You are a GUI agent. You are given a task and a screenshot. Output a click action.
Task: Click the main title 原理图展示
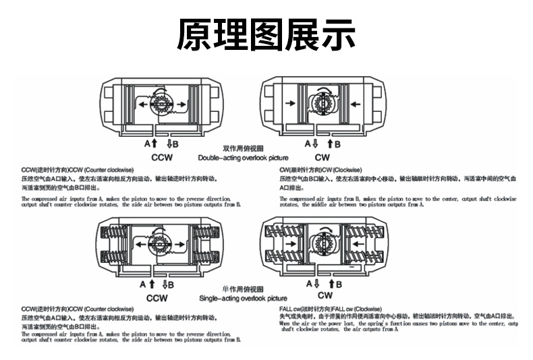click(266, 34)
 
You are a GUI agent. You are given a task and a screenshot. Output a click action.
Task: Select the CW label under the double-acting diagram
click(322, 157)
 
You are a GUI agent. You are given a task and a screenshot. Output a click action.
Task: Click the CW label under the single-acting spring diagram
click(325, 296)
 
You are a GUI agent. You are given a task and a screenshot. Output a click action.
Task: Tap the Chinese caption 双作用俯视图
click(242, 148)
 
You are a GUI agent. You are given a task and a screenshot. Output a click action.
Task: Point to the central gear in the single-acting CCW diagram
click(161, 243)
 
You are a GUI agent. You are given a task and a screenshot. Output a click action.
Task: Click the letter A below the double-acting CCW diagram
click(146, 144)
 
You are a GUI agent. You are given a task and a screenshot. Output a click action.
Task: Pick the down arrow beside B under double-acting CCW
click(169, 144)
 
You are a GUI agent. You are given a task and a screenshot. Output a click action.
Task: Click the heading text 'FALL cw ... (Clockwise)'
click(325, 308)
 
